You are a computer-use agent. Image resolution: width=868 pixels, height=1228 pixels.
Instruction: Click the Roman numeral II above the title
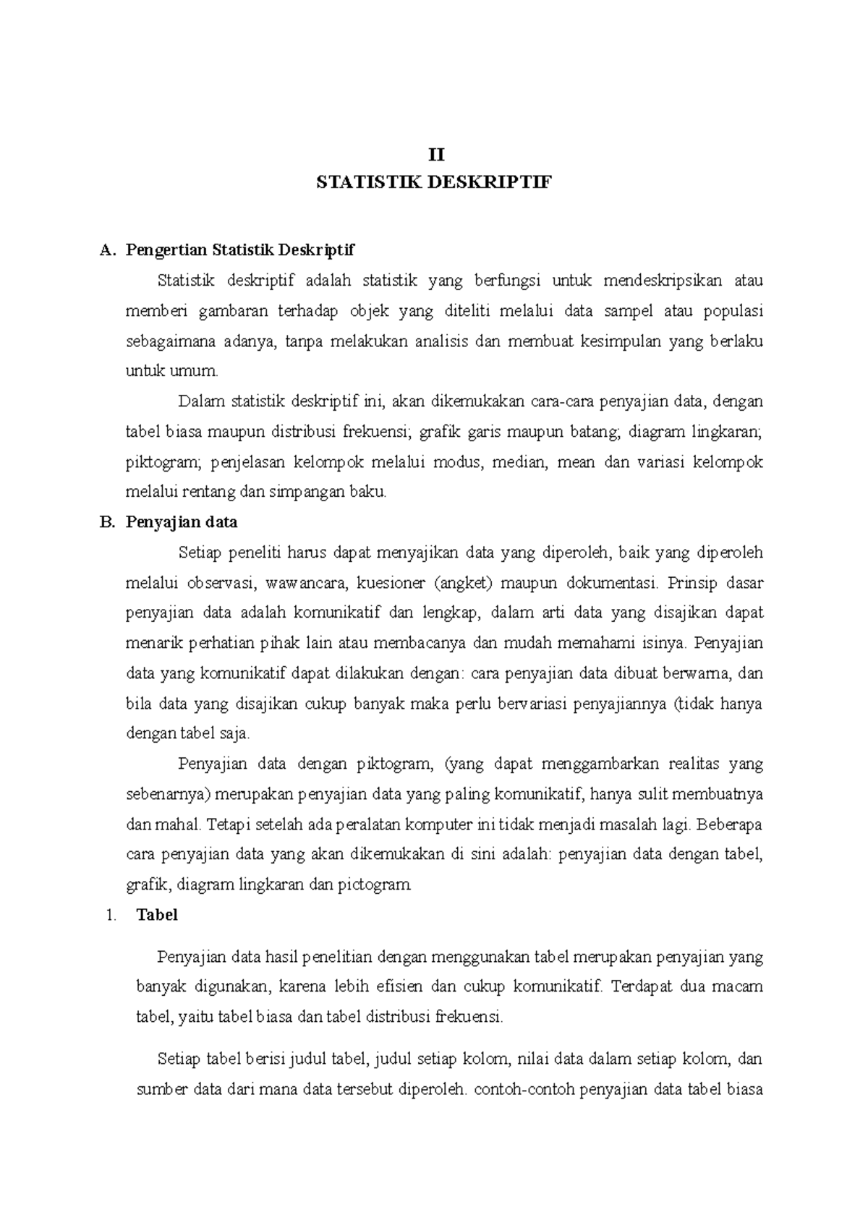[434, 155]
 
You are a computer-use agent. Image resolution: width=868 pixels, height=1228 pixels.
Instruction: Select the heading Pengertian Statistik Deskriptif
[240, 251]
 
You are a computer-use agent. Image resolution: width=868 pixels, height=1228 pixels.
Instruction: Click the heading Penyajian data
[182, 522]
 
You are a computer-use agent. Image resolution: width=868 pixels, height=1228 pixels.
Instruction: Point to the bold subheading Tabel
[157, 915]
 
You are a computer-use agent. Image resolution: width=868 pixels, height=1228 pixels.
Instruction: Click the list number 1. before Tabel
[110, 915]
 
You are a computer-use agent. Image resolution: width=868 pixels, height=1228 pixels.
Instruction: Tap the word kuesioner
[393, 583]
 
